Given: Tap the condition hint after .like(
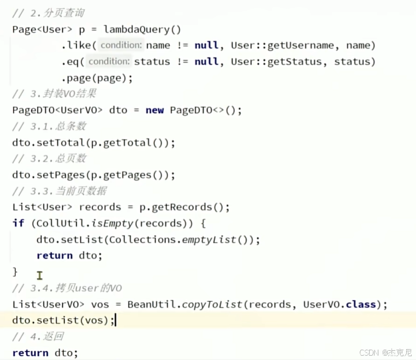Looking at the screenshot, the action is (x=121, y=45).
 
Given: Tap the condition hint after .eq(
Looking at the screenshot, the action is (x=109, y=62).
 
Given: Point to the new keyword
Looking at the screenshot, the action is (x=154, y=110).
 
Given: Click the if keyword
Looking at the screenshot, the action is (x=18, y=223).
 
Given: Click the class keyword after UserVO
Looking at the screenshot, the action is (x=362, y=304).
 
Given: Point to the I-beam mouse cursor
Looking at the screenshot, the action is (x=40, y=275).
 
